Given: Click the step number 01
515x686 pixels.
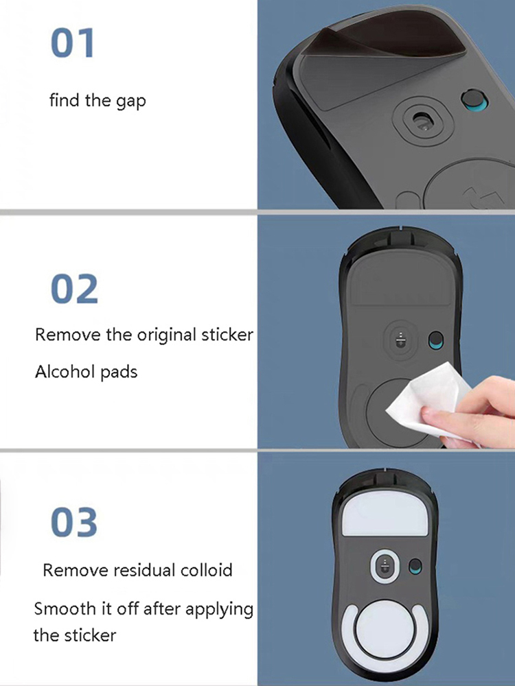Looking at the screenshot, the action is click(x=73, y=43).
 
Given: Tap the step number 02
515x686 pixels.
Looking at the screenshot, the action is click(x=74, y=289).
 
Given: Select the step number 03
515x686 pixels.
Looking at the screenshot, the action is click(x=74, y=522).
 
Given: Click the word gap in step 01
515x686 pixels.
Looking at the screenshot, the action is click(x=130, y=102).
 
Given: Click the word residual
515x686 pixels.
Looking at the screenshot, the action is click(x=144, y=570).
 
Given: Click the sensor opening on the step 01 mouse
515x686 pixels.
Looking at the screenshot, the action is click(x=422, y=120).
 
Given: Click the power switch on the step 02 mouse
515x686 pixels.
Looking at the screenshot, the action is click(x=436, y=341).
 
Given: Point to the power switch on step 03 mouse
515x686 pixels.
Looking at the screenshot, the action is click(x=415, y=567).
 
